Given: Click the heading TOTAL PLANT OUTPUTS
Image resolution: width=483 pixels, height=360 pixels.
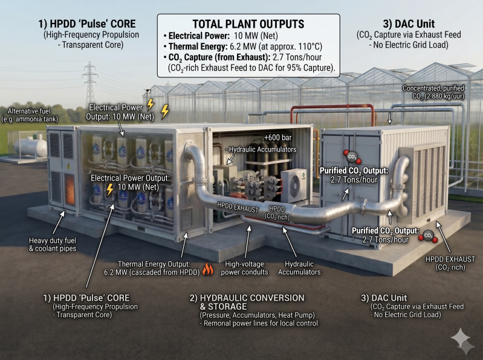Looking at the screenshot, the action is [248, 24].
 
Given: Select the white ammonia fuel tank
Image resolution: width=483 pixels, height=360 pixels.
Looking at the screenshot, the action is [30, 147].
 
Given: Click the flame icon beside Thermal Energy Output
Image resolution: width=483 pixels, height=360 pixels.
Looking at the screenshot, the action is [208, 269].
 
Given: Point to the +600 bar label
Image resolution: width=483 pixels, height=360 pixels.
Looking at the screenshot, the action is [278, 138].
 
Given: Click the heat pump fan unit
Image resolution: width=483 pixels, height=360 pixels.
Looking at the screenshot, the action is [294, 185].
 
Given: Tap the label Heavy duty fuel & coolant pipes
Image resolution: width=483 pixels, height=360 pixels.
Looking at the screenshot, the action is [53, 244].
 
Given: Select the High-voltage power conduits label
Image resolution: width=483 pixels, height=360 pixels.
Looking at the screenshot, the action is [244, 268].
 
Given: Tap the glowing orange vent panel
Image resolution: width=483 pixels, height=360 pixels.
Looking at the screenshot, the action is [70, 188].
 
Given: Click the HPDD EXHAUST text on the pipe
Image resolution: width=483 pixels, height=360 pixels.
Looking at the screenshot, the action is [238, 207].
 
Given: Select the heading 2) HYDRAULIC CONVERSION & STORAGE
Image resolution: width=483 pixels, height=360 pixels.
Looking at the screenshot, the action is [247, 302].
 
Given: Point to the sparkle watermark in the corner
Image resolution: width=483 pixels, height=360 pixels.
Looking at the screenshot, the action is [462, 341].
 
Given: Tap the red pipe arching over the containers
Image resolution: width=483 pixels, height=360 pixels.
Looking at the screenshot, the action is [332, 108].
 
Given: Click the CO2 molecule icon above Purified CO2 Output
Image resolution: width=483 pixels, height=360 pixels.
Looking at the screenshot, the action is [352, 157].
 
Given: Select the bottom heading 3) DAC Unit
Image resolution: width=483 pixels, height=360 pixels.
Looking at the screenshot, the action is [384, 298].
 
